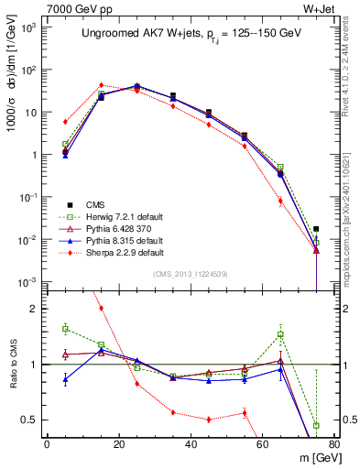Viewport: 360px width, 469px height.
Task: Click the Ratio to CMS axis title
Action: (x=14, y=365)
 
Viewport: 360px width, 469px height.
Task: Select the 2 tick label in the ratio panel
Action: (x=37, y=309)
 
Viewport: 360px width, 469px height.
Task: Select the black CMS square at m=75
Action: (x=316, y=229)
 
